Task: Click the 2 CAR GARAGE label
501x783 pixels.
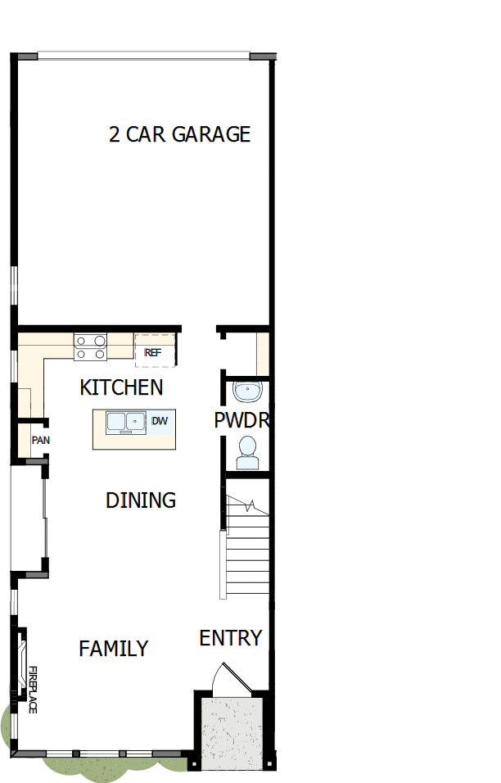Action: (179, 134)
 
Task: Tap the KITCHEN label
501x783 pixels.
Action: (121, 387)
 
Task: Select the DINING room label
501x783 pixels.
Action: (141, 500)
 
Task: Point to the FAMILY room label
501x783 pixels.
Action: (113, 649)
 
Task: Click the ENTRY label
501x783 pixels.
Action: (231, 638)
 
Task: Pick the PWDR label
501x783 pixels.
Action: (241, 421)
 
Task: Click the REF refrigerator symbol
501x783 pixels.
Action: (154, 352)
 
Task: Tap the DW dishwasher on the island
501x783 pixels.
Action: (160, 421)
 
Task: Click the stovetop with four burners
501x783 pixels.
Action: (90, 347)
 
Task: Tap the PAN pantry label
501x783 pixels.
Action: (40, 440)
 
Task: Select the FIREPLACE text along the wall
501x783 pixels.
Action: (34, 690)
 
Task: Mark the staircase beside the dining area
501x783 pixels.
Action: (246, 545)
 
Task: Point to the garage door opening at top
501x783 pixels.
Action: (143, 56)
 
